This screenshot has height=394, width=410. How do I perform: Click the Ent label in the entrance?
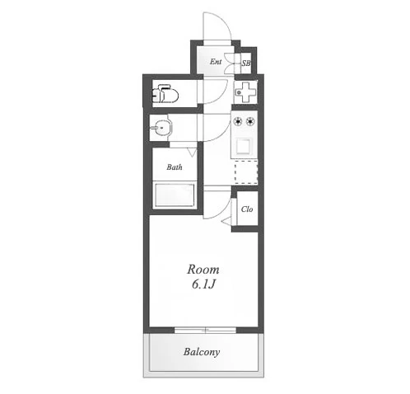216,62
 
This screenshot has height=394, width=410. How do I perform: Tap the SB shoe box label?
246,63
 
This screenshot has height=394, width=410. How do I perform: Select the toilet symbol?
165,94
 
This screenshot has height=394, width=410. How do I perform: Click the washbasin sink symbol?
161,127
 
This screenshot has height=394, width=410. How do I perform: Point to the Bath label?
175,167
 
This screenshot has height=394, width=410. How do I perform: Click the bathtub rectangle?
175,195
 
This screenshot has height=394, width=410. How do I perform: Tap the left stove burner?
238,121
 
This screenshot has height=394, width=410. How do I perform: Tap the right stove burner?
250,121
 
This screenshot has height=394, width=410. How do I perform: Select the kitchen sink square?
244,146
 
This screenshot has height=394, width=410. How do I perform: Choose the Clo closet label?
247,209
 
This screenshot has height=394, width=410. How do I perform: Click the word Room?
203,270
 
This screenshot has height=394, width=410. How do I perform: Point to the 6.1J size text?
203,285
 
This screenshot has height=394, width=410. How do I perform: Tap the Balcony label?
202,352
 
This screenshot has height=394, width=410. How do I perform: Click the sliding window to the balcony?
205,330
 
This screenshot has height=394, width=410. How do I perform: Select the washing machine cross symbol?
245,92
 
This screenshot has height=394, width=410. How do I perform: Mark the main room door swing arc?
226,212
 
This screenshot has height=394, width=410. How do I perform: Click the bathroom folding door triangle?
193,152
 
